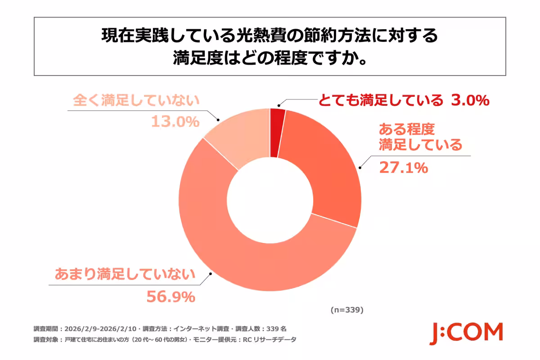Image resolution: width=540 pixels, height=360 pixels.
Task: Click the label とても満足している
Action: point(381,101)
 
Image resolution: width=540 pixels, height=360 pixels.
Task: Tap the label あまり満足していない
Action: point(125,274)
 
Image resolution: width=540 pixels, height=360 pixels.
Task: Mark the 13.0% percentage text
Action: point(175,121)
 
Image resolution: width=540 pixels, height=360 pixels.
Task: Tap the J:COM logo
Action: point(465,333)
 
